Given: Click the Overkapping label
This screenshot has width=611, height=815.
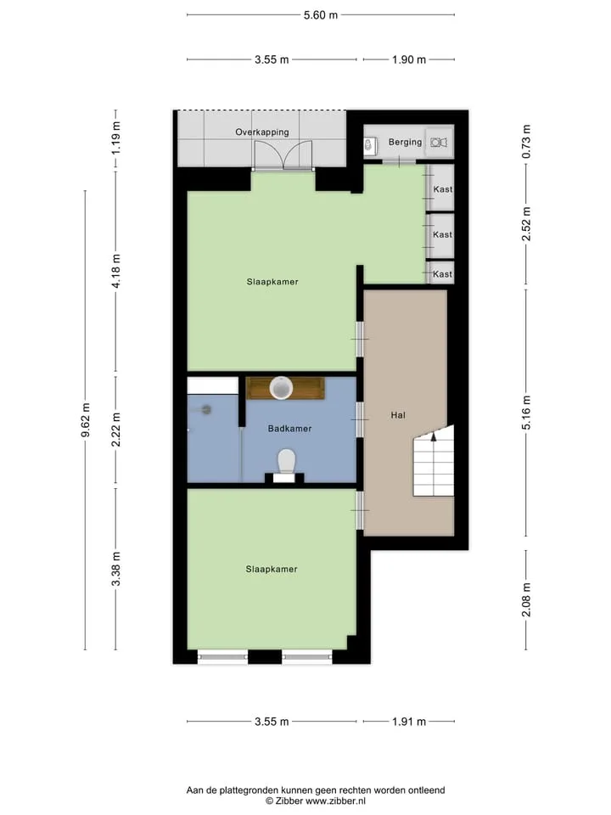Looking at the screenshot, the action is click(x=262, y=132).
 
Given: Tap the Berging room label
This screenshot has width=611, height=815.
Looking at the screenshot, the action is click(x=406, y=142).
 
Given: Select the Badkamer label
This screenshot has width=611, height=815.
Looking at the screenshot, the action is click(x=290, y=428).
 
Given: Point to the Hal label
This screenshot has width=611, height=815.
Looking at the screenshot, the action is click(x=398, y=415).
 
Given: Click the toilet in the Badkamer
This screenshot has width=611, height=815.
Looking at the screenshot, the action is click(x=286, y=462).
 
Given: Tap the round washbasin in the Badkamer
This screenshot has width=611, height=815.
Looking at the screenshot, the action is click(x=282, y=388).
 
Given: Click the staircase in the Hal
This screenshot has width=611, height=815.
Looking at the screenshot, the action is click(x=434, y=460).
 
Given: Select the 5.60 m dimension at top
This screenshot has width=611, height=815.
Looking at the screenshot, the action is click(x=321, y=15).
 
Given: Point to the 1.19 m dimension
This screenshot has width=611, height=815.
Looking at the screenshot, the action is click(x=116, y=138).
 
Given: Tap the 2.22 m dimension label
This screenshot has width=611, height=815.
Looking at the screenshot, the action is click(x=116, y=430).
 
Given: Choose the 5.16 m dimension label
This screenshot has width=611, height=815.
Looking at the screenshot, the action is click(x=526, y=413).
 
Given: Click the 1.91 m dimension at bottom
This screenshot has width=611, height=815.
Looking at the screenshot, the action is click(x=409, y=722).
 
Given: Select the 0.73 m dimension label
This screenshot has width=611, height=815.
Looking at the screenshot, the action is click(x=526, y=142).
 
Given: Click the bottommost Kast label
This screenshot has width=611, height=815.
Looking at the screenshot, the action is click(x=443, y=274).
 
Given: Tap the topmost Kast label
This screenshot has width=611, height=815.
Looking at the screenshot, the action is click(x=443, y=189).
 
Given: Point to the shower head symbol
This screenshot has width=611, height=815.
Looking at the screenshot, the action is click(x=207, y=409).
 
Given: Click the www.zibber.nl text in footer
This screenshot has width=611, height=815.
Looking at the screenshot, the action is click(x=335, y=801).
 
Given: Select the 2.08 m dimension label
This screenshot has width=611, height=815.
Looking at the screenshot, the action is click(x=526, y=599).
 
